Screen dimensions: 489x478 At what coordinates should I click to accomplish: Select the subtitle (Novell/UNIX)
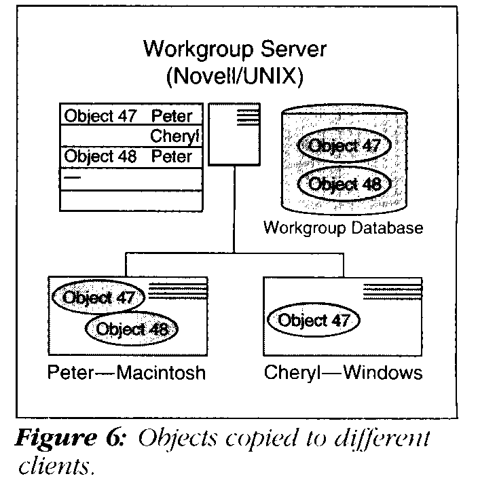[234, 77]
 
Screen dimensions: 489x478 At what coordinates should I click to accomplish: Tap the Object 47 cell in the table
[100, 115]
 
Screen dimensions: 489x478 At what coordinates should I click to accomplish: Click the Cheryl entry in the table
[175, 136]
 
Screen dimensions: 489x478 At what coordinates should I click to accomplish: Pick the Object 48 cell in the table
[100, 157]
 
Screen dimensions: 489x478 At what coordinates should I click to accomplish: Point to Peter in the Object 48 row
[172, 157]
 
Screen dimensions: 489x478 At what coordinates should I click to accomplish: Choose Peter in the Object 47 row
[172, 115]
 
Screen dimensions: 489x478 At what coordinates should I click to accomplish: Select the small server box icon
[234, 134]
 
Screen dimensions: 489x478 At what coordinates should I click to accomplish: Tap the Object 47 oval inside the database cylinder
[342, 146]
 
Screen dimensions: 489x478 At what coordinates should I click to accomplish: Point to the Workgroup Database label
[343, 228]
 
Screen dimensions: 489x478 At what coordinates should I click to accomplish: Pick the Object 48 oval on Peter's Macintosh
[131, 329]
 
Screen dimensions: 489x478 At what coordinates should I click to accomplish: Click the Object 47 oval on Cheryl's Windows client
[313, 320]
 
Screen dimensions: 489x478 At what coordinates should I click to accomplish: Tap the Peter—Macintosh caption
[126, 373]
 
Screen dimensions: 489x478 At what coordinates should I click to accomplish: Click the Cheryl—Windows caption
[343, 373]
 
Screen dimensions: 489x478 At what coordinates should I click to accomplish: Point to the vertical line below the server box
[234, 211]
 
